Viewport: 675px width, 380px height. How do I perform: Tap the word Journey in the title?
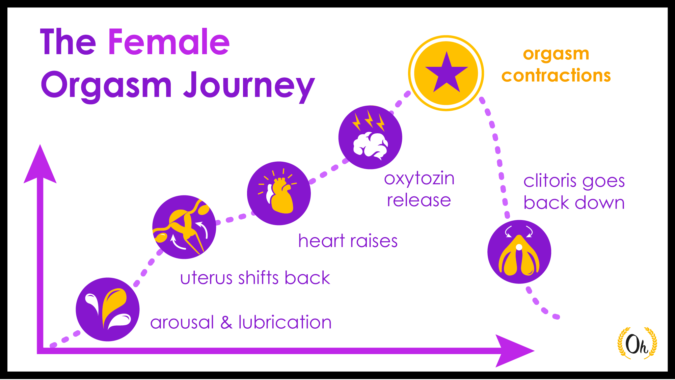249,86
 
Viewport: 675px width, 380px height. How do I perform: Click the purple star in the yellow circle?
446,73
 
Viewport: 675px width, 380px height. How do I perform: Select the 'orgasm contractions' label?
556,64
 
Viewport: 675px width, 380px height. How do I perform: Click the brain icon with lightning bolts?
370,137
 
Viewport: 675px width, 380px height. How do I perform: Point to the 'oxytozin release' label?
419,189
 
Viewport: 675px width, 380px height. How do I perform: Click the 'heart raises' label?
348,241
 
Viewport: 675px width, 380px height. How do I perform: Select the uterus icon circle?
184,227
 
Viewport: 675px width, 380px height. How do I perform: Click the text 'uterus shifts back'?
255,278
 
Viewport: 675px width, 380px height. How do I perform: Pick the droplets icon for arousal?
107,309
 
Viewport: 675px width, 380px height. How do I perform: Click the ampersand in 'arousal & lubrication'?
226,322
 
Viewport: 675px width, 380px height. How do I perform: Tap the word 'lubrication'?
285,322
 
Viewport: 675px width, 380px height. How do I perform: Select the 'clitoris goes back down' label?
574,192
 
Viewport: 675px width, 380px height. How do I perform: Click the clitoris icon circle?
519,252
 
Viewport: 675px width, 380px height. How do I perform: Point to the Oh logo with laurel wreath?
637,344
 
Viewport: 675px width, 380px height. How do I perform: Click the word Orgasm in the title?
107,86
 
